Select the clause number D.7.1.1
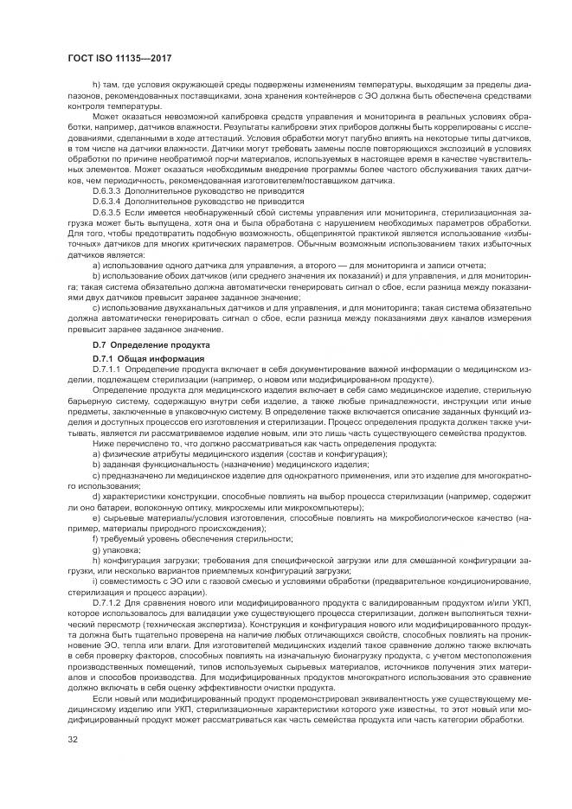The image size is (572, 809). pyautogui.click(x=107, y=369)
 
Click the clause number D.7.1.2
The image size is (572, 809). pyautogui.click(x=107, y=600)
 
